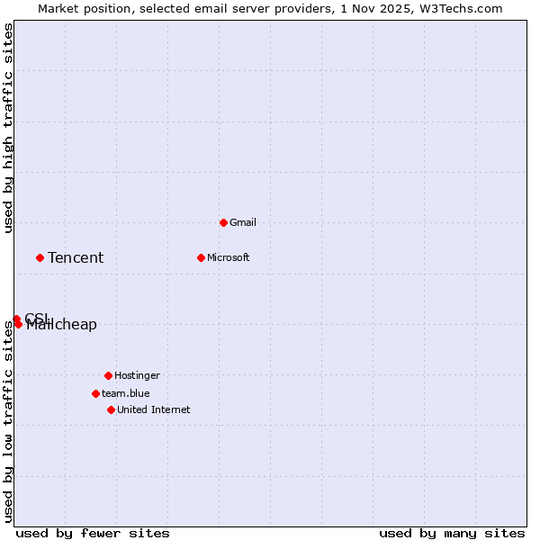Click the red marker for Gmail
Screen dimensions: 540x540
[223, 222]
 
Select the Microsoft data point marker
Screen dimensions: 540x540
[201, 257]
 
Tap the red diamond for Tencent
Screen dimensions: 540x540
[40, 257]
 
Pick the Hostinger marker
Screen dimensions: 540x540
[108, 375]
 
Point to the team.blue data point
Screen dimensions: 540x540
[95, 393]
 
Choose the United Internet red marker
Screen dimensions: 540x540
[111, 409]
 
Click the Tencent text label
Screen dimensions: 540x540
[76, 258]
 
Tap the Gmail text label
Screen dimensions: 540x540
[243, 222]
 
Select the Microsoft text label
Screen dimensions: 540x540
[229, 257]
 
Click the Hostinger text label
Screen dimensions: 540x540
[137, 375]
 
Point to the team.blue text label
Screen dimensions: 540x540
[126, 393]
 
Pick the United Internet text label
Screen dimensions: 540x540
[154, 409]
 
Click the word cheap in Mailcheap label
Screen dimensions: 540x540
[76, 326]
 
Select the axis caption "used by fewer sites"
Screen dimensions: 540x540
[93, 533]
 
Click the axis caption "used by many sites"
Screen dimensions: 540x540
[452, 533]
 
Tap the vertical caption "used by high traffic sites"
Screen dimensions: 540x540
[8, 128]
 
